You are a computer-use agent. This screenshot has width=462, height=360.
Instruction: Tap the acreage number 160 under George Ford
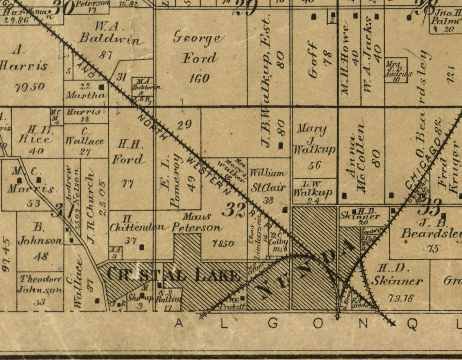coord(199,79)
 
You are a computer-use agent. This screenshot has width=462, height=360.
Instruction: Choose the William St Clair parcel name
coord(268,180)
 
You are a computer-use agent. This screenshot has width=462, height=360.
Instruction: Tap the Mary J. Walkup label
coord(314,139)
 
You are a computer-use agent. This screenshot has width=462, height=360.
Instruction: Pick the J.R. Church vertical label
coord(90,201)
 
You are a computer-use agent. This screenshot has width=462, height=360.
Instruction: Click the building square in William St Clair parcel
coord(285,210)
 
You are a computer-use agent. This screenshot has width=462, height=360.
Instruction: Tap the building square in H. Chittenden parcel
coord(142,247)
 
